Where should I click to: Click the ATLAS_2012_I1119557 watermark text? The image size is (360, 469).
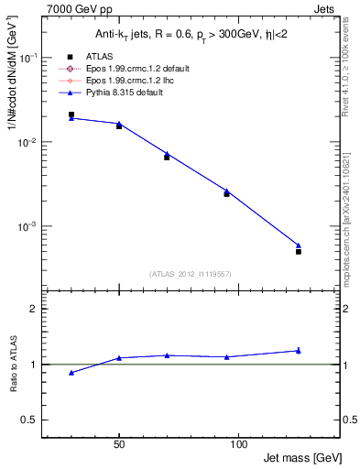(190, 274)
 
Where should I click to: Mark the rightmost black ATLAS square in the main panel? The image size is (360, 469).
(299, 251)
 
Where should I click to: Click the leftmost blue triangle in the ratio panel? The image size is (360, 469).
(71, 373)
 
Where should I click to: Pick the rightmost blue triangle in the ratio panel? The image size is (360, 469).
(299, 350)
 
